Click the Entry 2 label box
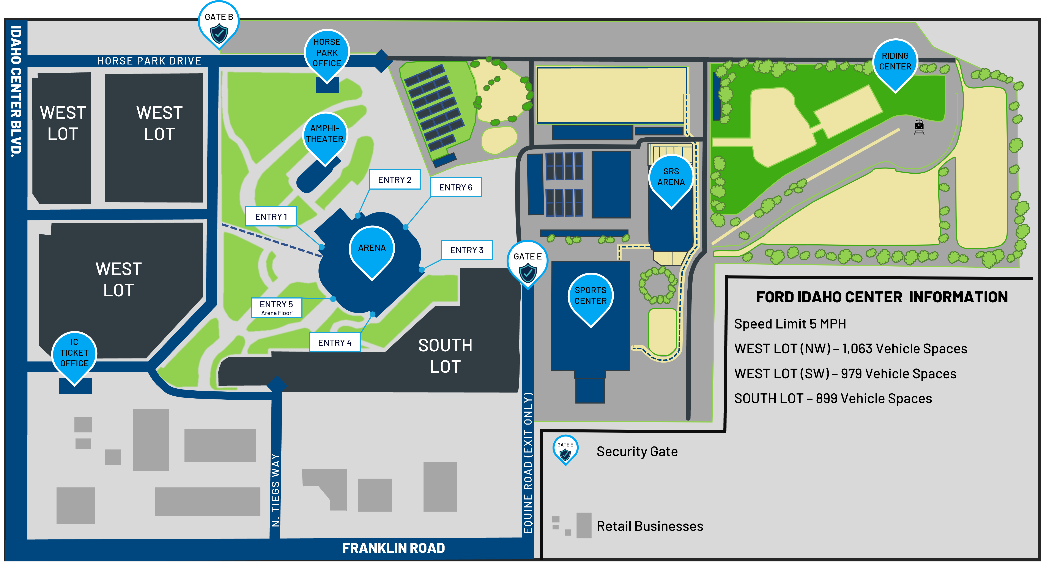(x=395, y=180)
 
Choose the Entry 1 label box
(x=271, y=217)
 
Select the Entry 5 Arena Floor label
(x=276, y=308)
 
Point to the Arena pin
(x=372, y=250)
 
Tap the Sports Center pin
(x=591, y=297)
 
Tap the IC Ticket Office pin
(x=74, y=355)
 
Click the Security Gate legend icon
(x=565, y=449)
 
